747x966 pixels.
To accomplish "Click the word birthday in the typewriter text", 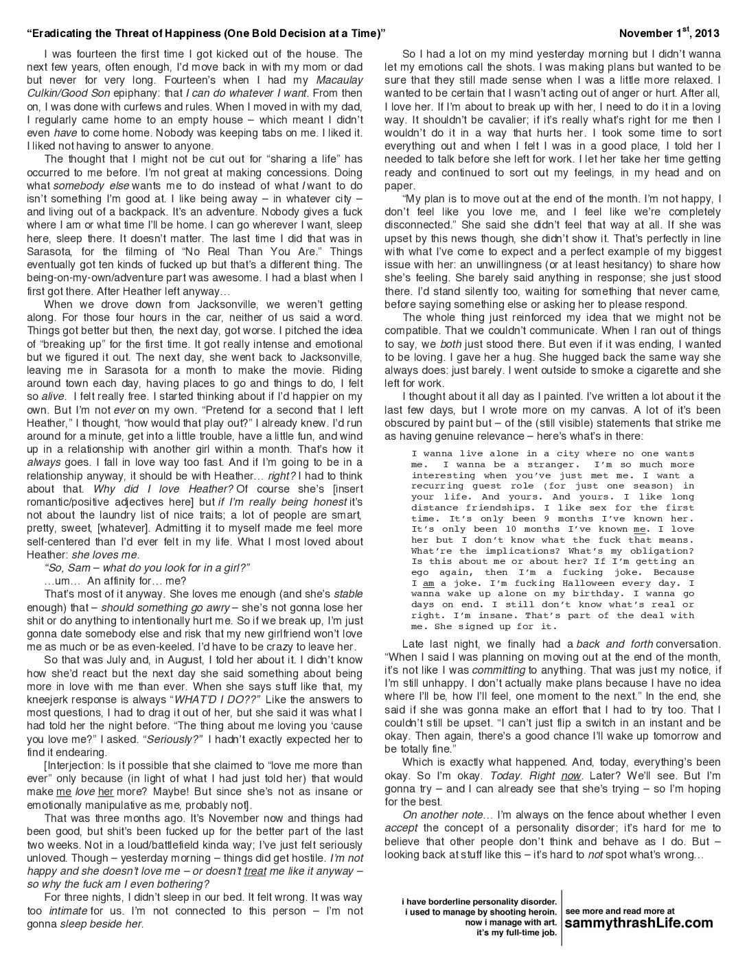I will click(x=602, y=593).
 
